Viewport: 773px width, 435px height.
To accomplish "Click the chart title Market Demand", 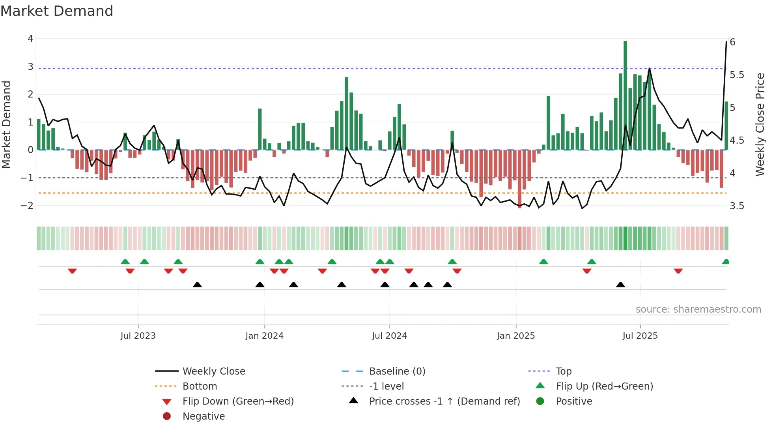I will coord(57,11).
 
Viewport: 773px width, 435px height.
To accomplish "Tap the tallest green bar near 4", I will coord(625,95).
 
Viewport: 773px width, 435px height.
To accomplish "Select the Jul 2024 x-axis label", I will coord(389,336).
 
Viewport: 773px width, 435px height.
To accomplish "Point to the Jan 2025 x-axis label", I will coord(515,336).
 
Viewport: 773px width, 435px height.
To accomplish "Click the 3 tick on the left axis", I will coord(30,67).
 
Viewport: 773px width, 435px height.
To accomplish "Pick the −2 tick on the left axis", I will coord(27,206).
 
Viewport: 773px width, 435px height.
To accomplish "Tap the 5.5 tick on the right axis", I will coord(737,75).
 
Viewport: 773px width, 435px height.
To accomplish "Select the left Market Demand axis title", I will coord(7,124).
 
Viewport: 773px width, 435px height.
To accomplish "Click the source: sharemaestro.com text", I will coord(698,309).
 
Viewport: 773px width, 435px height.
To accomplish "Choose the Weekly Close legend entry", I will coord(213,371).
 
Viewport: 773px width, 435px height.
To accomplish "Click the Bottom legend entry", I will coord(200,386).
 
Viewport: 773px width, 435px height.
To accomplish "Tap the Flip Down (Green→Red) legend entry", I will coord(238,401).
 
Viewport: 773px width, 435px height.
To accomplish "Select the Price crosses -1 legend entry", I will coord(444,401).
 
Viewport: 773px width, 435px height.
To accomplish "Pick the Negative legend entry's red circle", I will coord(167,416).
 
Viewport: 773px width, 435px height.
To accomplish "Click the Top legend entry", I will coord(564,371).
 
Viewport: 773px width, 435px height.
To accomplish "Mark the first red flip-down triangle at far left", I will coord(72,271).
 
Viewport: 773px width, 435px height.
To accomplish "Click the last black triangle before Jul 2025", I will coord(620,285).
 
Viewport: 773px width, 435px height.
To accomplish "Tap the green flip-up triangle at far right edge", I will coord(725,262).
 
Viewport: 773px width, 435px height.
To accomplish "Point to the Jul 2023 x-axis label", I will coord(138,336).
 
